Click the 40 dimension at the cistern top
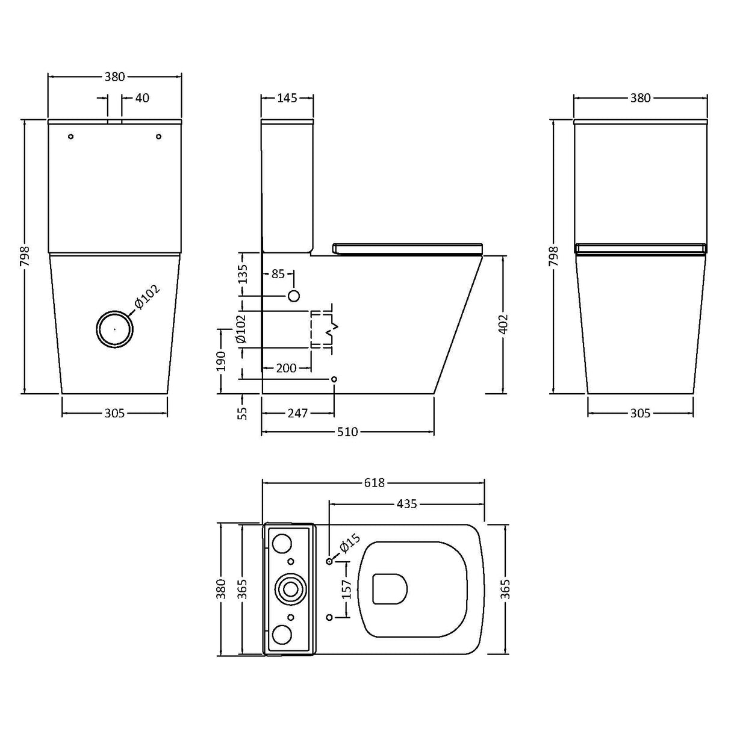pyautogui.click(x=142, y=98)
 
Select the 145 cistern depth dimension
pyautogui.click(x=287, y=98)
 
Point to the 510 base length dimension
pyautogui.click(x=347, y=432)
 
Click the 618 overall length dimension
pyautogui.click(x=373, y=483)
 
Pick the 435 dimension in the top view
pyautogui.click(x=407, y=503)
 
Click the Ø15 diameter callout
pyautogui.click(x=349, y=544)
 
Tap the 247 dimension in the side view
pyautogui.click(x=297, y=413)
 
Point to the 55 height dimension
pyautogui.click(x=242, y=413)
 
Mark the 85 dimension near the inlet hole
pyautogui.click(x=278, y=274)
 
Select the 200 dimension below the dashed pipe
pyautogui.click(x=287, y=368)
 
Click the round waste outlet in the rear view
pyautogui.click(x=114, y=329)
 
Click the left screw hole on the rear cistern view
pyautogui.click(x=71, y=137)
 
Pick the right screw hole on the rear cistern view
pyautogui.click(x=158, y=137)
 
